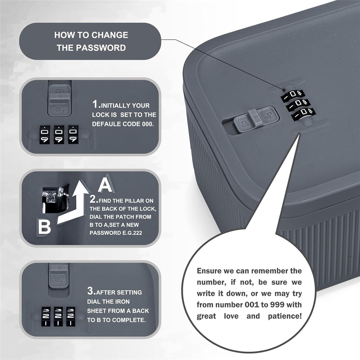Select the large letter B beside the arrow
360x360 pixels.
click(45, 227)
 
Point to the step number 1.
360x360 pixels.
click(95, 105)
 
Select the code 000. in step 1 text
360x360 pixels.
click(146, 123)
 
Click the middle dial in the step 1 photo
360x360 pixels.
click(59, 135)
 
